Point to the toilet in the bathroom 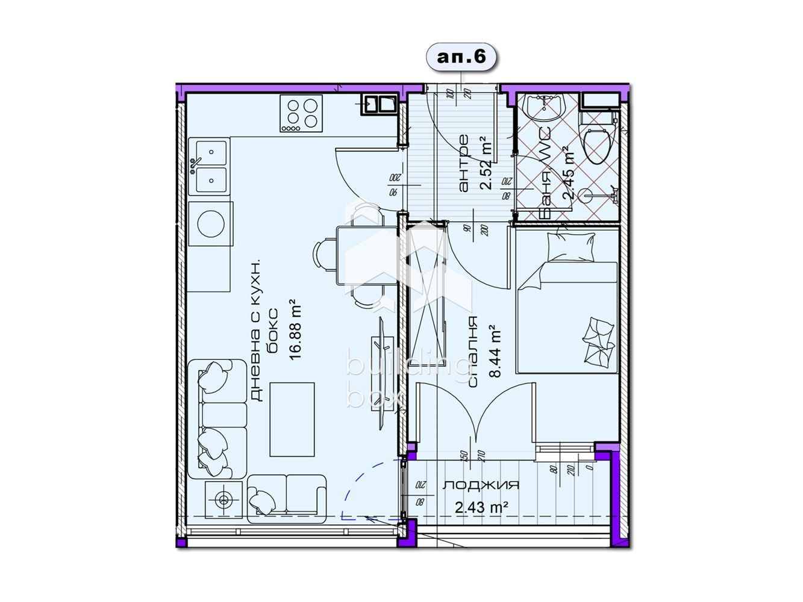coord(599,142)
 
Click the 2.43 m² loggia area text coord(480,507)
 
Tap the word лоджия coord(480,485)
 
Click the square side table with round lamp coord(223,499)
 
